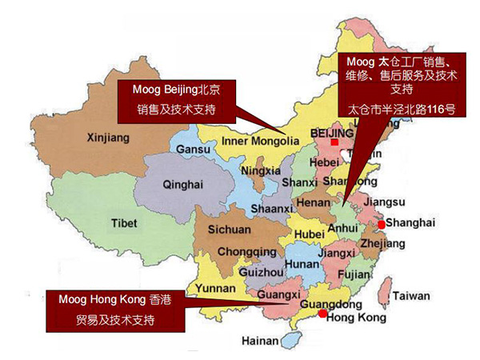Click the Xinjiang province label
coord(106,138)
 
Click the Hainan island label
coord(257,341)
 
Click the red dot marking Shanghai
coord(382,224)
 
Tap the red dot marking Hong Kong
coord(322,314)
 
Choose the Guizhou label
coord(260,272)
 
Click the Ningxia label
coord(260,170)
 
